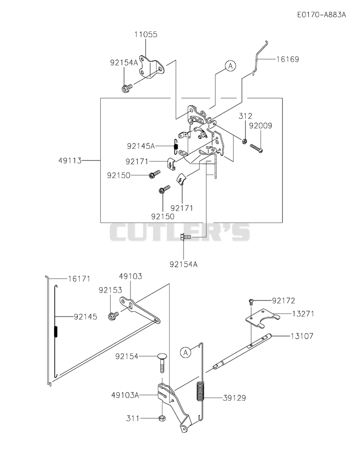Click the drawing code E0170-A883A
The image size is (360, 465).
click(x=321, y=15)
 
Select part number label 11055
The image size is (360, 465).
click(x=146, y=34)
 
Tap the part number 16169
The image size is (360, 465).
click(x=288, y=59)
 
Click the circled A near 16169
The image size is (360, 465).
click(x=230, y=66)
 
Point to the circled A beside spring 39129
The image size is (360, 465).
click(x=185, y=352)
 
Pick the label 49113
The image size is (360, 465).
click(x=70, y=161)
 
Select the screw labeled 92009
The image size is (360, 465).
click(x=256, y=148)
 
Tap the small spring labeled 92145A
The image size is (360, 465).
click(x=175, y=146)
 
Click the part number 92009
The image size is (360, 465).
click(x=260, y=126)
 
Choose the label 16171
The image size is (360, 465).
click(x=79, y=279)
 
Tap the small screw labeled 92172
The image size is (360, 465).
click(x=251, y=302)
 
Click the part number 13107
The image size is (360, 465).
click(x=301, y=336)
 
